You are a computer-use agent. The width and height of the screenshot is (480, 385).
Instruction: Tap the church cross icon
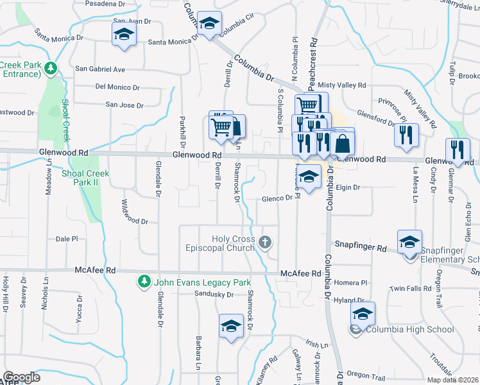pos(266,243)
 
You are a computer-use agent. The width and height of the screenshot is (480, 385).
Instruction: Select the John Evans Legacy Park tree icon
pos(144,282)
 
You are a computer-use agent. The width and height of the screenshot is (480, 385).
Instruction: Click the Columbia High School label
pos(409,330)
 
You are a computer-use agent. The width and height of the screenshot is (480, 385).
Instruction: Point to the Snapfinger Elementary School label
pos(449,255)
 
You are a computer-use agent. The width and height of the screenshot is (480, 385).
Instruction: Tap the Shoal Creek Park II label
pos(85,178)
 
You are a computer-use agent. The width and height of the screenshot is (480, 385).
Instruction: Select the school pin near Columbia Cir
pos(209,24)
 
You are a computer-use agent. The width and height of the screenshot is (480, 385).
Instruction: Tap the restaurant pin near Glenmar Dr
pos(457,149)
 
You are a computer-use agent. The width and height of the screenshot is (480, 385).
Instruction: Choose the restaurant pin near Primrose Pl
pos(406,134)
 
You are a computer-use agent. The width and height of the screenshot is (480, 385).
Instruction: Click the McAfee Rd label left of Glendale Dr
pos(95,271)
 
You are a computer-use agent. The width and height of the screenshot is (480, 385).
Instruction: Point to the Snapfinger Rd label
pos(361,247)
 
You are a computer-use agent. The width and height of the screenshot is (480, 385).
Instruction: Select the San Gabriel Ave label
pos(100,69)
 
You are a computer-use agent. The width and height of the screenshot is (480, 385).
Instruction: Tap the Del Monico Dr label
pos(117,87)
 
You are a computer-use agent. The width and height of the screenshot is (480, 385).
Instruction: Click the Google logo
pos(21,377)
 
